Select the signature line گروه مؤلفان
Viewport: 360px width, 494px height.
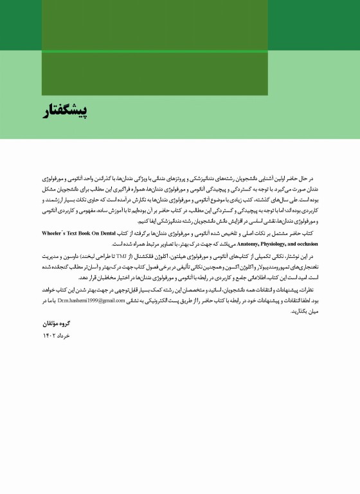pyautogui.click(x=57, y=324)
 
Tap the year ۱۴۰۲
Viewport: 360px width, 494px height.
pyautogui.click(x=49, y=336)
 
